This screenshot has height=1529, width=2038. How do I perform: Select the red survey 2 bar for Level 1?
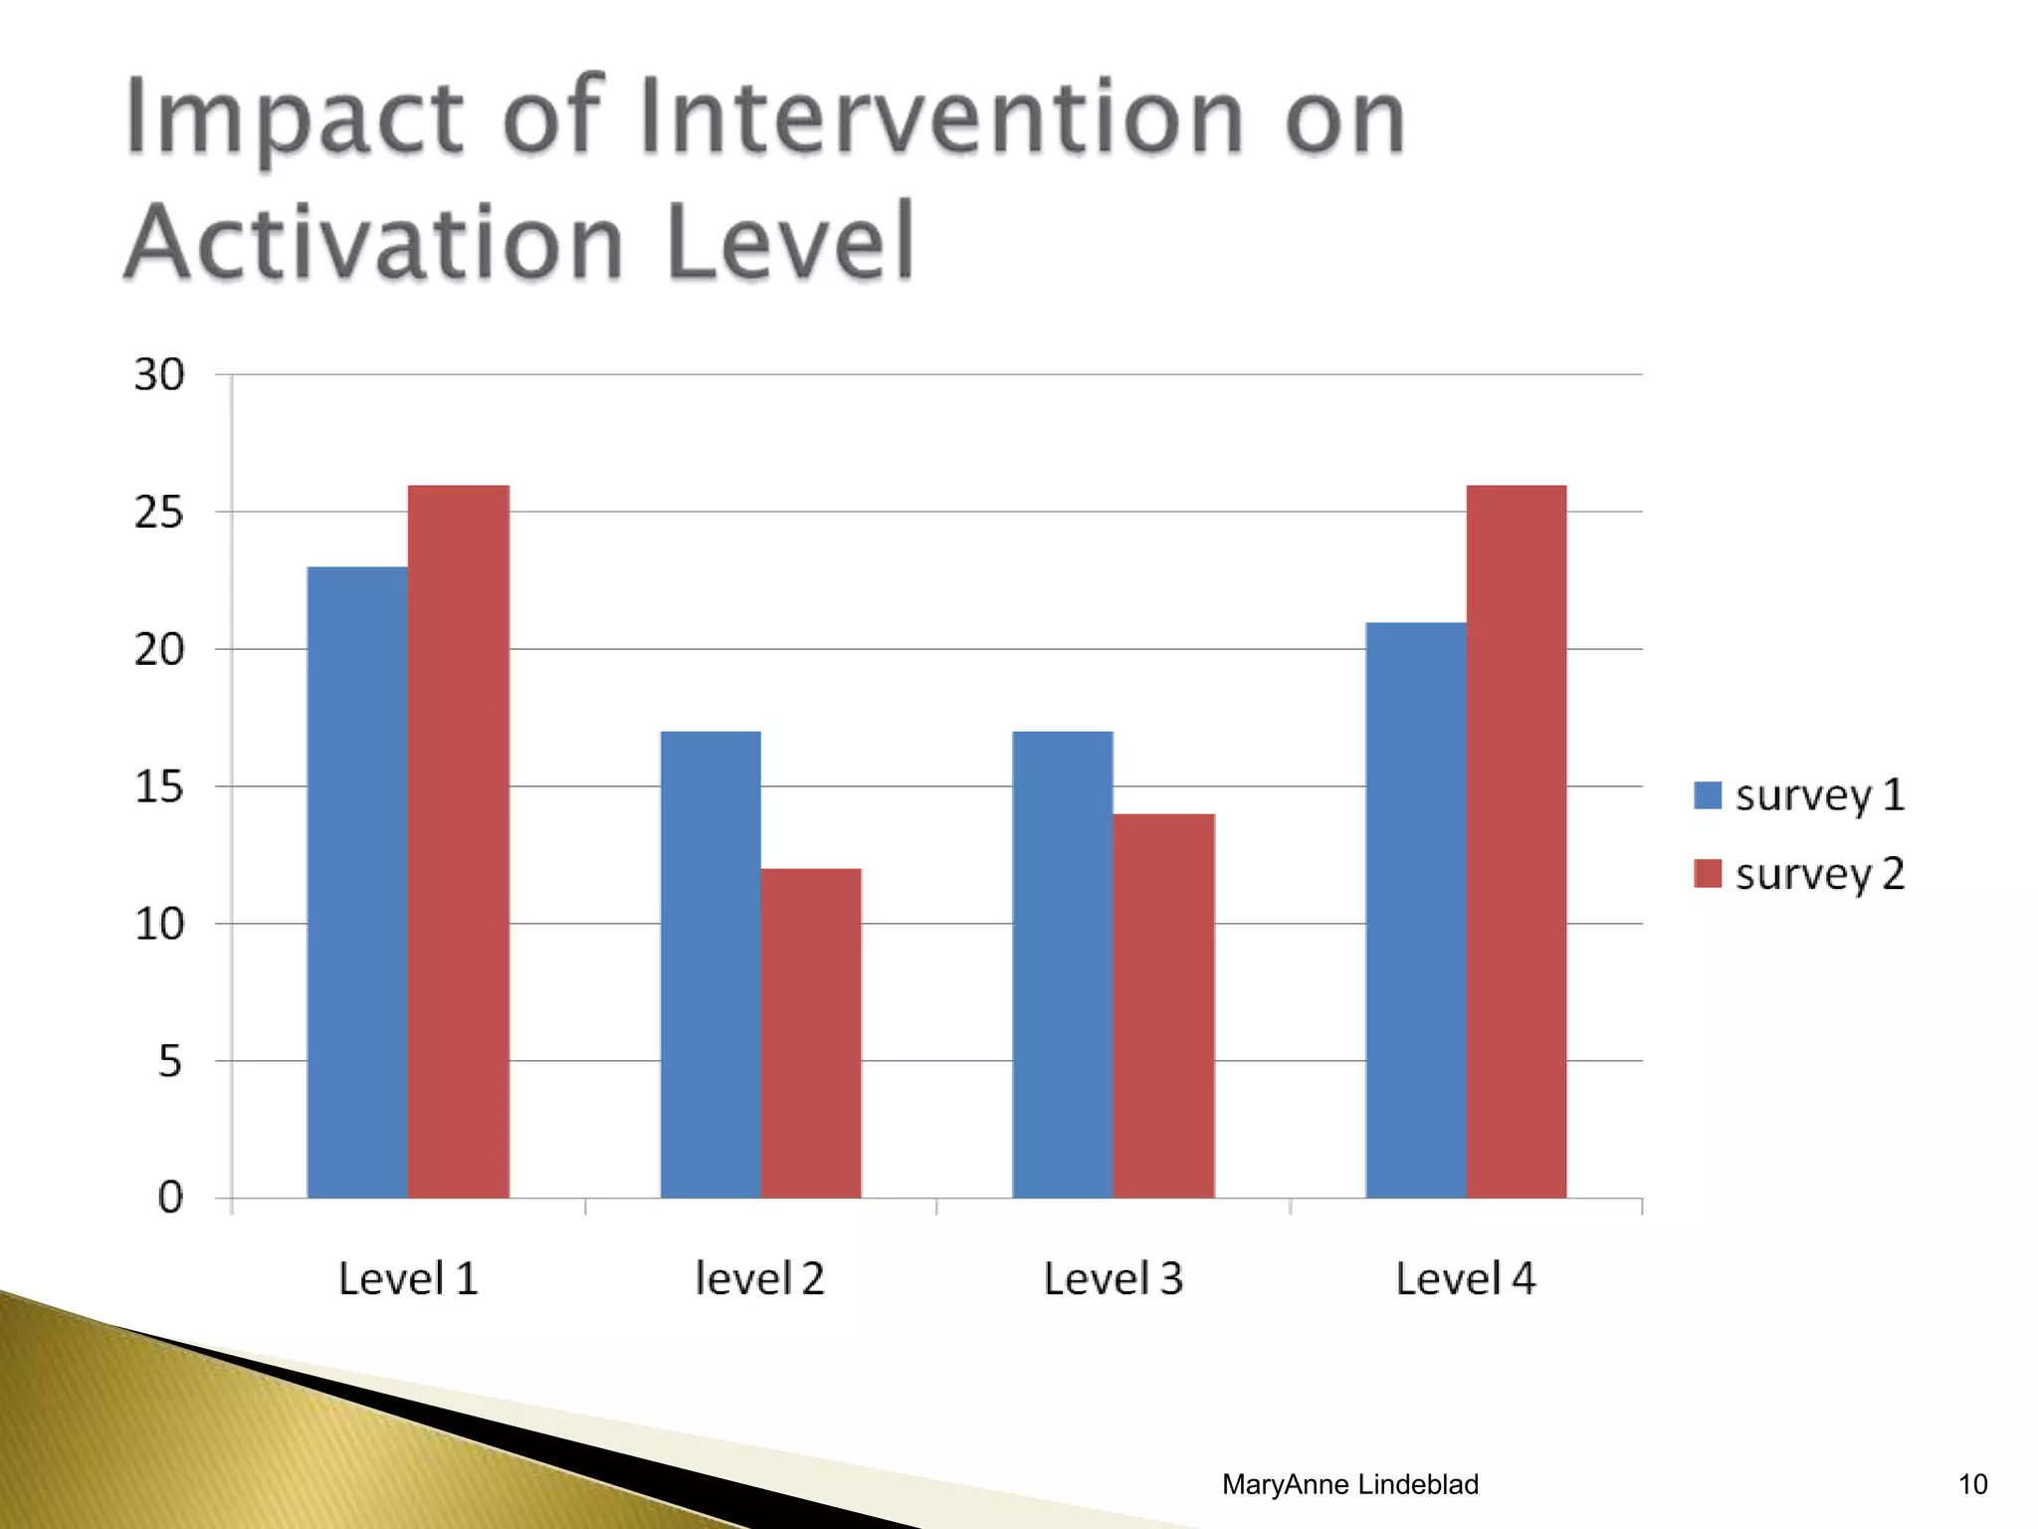[x=459, y=841]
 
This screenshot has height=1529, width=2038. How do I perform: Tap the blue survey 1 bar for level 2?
[x=711, y=965]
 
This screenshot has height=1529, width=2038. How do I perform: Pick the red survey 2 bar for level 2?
[x=811, y=1033]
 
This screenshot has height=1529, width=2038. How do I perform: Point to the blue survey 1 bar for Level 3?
[x=1063, y=965]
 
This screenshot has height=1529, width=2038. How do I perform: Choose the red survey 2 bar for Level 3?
[x=1164, y=1005]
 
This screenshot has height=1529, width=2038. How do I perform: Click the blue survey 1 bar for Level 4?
[x=1416, y=910]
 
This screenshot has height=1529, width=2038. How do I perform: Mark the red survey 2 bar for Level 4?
[x=1517, y=841]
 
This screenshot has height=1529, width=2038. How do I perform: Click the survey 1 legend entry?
[x=1800, y=795]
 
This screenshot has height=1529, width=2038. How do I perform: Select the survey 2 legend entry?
[x=1800, y=874]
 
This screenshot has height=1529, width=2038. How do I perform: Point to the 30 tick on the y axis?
[x=159, y=375]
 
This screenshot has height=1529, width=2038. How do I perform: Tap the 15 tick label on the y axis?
[x=159, y=787]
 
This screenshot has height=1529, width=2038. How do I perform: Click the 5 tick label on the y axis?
[x=170, y=1062]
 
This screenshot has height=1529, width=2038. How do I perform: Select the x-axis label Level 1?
[x=408, y=1279]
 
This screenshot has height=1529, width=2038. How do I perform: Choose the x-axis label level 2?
[x=759, y=1279]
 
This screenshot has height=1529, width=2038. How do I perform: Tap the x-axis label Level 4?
[x=1465, y=1279]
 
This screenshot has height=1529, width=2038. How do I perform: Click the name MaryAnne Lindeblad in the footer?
[x=1349, y=1484]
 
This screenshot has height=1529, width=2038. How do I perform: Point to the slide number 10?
[x=1972, y=1484]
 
